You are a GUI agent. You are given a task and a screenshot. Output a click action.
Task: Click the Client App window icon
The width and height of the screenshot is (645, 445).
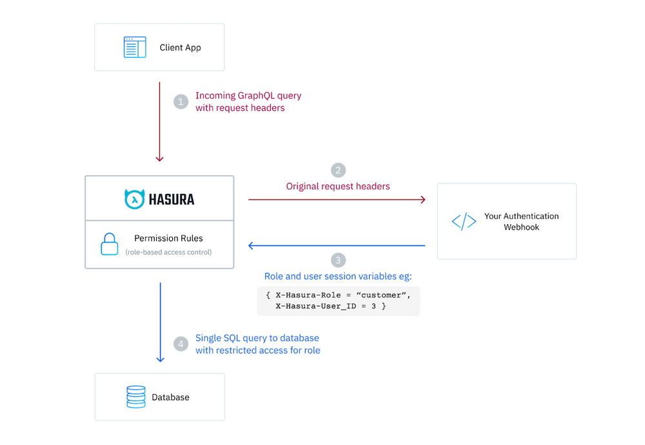[x=135, y=48]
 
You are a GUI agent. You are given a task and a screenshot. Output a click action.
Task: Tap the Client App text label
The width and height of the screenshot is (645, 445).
[x=180, y=48]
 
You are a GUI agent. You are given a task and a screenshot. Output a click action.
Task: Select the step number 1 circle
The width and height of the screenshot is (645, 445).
[x=181, y=102]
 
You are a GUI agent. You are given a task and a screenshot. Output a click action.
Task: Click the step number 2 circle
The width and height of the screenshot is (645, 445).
[x=338, y=170]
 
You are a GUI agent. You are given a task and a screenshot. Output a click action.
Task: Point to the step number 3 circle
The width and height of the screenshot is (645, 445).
[x=338, y=260]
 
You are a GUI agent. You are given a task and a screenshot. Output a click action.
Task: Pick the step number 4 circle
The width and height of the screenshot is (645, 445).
[x=181, y=344]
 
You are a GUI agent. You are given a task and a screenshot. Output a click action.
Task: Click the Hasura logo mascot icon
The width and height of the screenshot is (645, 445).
[x=134, y=199]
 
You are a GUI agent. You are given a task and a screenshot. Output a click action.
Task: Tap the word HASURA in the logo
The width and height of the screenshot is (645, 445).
[x=172, y=200]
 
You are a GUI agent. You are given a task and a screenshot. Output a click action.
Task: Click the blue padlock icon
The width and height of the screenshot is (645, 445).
[x=110, y=244]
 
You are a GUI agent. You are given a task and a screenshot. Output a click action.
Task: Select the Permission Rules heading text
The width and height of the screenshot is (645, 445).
[x=168, y=238]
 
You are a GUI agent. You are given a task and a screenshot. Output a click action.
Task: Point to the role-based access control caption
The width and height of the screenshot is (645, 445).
[x=168, y=252]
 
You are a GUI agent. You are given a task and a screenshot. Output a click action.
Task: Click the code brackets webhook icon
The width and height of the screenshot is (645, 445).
[x=464, y=222]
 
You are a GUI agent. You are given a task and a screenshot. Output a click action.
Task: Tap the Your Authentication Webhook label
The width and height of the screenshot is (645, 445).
[x=521, y=222]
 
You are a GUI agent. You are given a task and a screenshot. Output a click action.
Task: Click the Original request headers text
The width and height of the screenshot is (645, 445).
[x=338, y=186]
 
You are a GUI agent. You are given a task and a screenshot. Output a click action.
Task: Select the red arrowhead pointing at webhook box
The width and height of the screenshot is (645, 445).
[x=422, y=200]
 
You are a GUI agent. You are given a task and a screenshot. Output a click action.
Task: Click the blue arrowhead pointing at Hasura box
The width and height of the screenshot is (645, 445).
[x=252, y=245]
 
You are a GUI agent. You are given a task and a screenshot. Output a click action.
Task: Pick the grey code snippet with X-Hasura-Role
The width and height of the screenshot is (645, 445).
[x=338, y=301]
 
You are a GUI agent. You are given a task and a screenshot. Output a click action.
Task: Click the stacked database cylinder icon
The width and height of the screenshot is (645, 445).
[x=135, y=397]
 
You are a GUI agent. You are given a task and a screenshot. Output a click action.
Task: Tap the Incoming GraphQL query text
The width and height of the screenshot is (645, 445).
[x=248, y=95]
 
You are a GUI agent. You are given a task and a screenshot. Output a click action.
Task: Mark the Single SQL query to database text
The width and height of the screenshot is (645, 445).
[x=257, y=337]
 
